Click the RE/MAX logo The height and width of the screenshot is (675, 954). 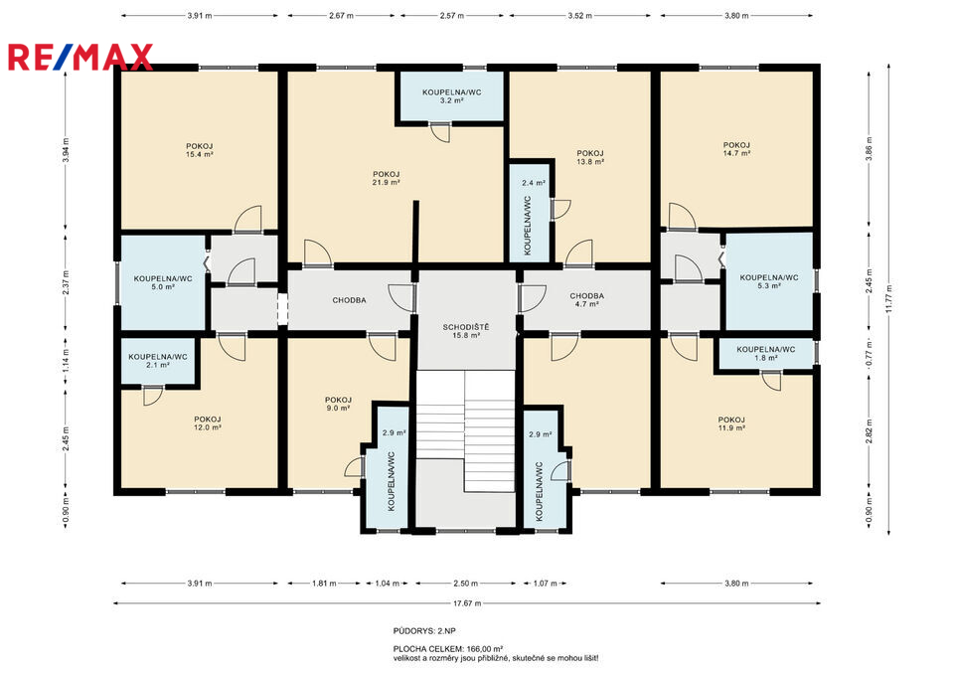tap(79, 58)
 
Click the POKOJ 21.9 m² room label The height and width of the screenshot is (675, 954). tap(387, 178)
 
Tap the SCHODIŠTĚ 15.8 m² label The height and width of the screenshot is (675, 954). tap(466, 331)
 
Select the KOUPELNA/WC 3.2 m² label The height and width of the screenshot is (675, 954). tap(452, 96)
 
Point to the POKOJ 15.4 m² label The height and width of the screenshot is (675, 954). tap(200, 150)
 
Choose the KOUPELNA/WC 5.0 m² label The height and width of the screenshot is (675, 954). tap(163, 283)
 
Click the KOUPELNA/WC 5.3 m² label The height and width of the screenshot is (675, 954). tap(769, 281)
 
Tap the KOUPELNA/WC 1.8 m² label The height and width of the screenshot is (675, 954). tap(766, 354)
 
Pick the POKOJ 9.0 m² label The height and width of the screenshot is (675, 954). tap(338, 405)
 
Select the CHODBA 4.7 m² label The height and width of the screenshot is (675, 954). tap(587, 300)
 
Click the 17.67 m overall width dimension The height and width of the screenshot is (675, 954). tap(468, 603)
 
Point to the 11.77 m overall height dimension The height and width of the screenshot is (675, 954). tap(888, 298)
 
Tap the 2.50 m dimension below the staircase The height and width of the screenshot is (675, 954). tap(465, 584)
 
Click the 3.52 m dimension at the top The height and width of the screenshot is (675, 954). tap(579, 16)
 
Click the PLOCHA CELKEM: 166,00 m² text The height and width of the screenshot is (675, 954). tap(448, 649)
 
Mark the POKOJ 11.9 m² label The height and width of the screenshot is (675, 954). tap(731, 423)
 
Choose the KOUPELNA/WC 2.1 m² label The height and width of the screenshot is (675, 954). tap(158, 361)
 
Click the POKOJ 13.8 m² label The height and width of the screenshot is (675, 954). tap(590, 158)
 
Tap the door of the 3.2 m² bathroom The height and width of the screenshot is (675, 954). tap(439, 132)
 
